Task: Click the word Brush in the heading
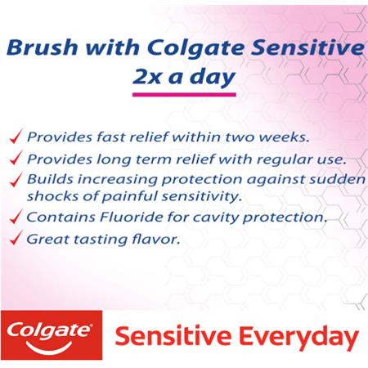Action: coord(43,47)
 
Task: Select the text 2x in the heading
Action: coord(146,77)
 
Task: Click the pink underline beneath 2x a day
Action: coord(184,95)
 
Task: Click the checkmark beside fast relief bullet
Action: coord(16,137)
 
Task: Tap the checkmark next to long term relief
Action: coord(16,158)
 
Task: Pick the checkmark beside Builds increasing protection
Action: coord(16,180)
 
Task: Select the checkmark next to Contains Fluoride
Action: coord(16,217)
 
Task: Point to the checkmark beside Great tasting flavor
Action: coord(16,238)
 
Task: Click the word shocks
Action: coord(52,196)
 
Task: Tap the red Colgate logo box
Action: coord(52,335)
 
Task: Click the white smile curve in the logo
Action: coord(49,347)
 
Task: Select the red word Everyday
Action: coord(298,338)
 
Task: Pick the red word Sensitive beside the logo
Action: coord(173,336)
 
